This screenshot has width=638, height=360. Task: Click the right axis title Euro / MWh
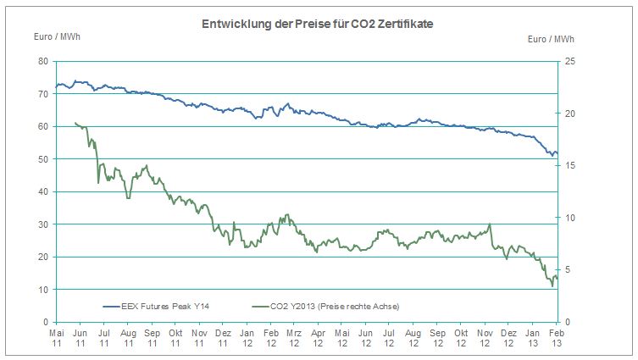(552, 39)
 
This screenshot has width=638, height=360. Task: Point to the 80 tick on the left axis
(42, 61)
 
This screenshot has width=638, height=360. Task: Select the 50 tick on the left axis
(42, 159)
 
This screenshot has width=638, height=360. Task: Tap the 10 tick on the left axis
(42, 290)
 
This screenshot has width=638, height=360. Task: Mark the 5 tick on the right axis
(568, 270)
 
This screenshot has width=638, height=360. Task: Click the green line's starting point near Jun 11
(75, 123)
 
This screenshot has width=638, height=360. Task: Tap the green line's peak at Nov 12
(490, 225)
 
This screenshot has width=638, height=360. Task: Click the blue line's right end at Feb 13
(557, 153)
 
